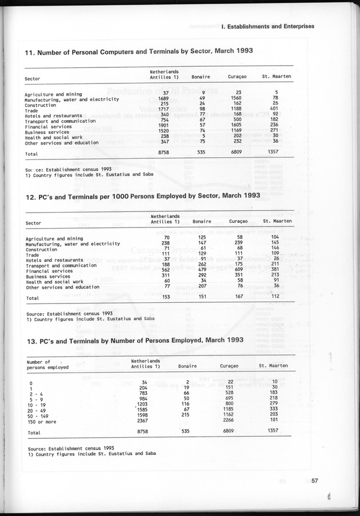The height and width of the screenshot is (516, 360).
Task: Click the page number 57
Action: pyautogui.click(x=314, y=480)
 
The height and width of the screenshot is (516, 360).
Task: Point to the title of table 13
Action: pyautogui.click(x=135, y=339)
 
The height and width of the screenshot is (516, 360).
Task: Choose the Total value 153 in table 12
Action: pyautogui.click(x=166, y=297)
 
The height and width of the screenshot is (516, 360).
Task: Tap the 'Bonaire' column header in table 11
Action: pyautogui.click(x=201, y=77)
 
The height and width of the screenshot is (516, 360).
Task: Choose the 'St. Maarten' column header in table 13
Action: pyautogui.click(x=273, y=365)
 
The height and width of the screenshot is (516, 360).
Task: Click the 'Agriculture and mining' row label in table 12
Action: pyautogui.click(x=54, y=238)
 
